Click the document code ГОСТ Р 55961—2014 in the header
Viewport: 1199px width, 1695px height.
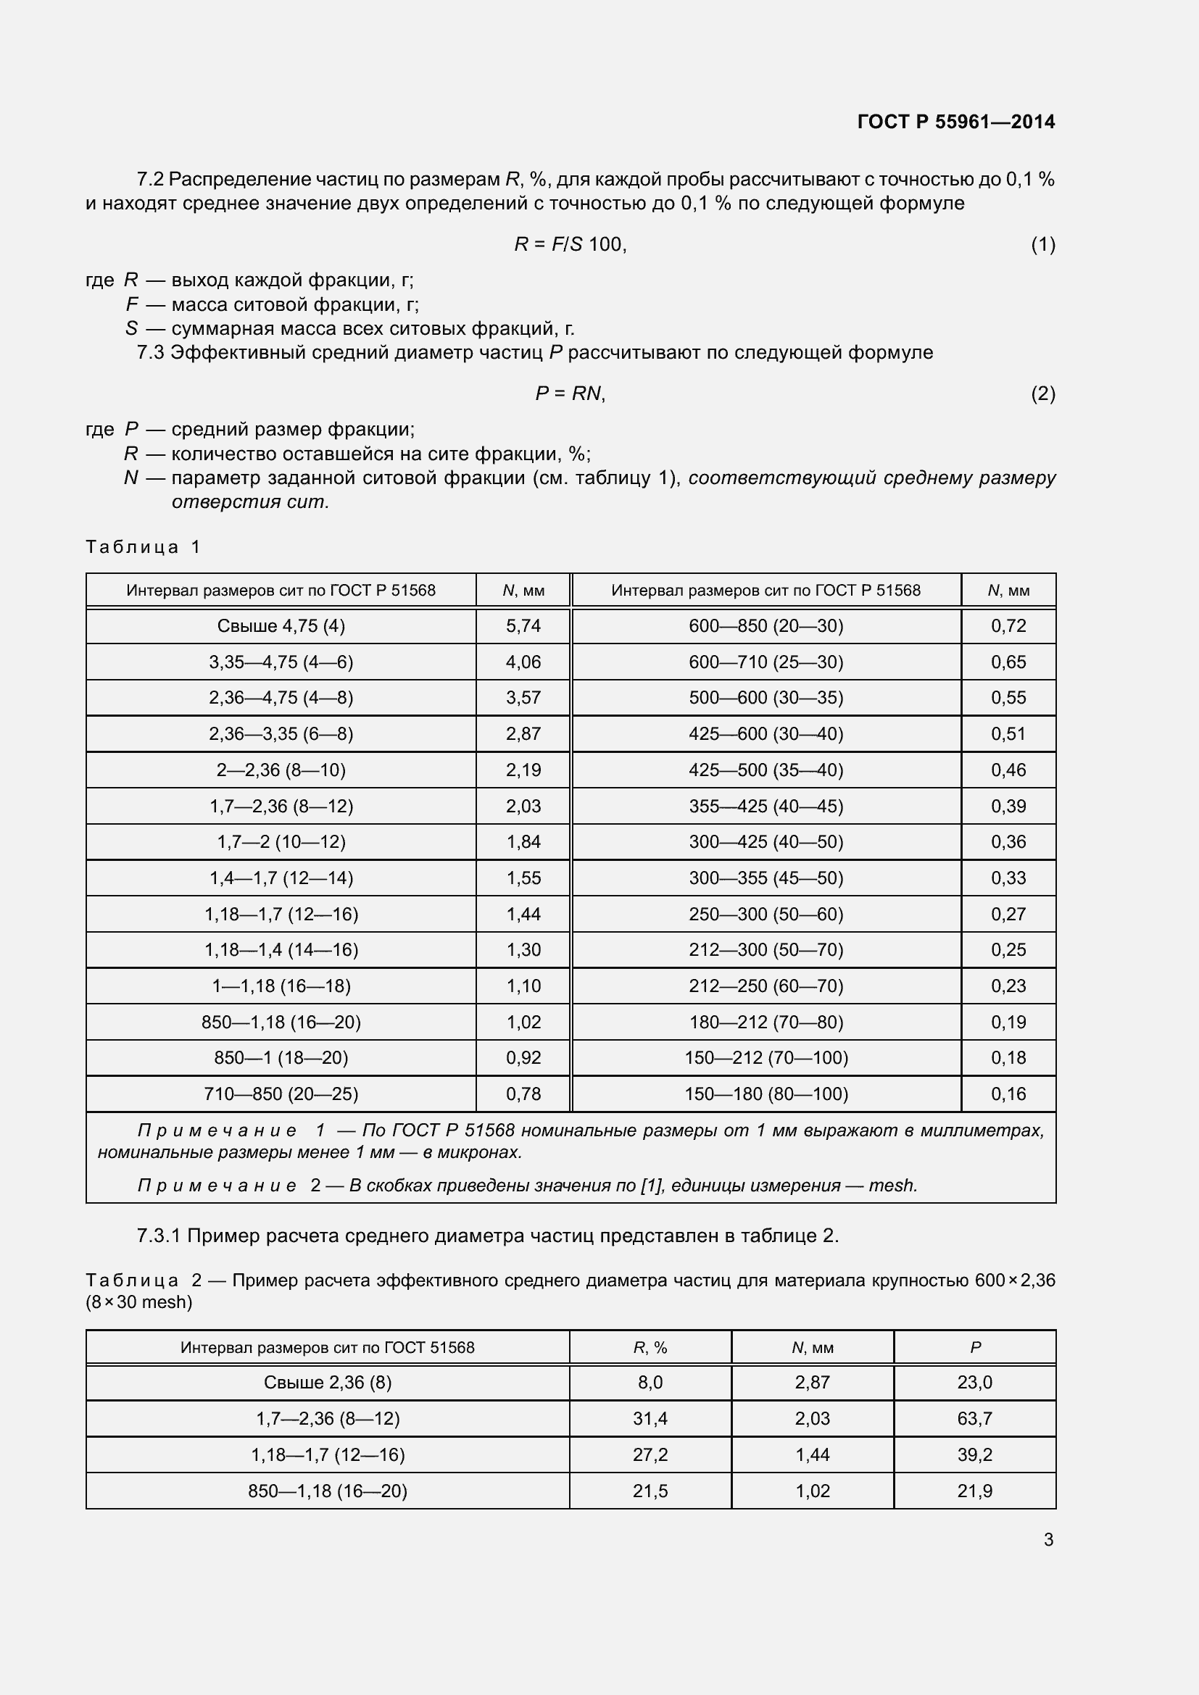click(955, 122)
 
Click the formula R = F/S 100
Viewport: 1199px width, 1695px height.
click(570, 244)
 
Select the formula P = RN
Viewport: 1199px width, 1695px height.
click(570, 393)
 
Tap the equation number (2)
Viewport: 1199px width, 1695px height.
click(1042, 393)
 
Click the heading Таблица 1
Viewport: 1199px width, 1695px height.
click(144, 547)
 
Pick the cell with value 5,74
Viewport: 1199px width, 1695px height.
click(523, 626)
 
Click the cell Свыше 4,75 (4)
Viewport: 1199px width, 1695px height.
click(281, 626)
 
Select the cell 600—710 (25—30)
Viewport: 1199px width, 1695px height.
click(766, 662)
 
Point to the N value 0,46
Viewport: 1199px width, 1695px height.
click(1008, 770)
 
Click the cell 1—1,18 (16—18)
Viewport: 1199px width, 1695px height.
click(281, 986)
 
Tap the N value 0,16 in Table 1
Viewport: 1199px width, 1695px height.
click(1008, 1094)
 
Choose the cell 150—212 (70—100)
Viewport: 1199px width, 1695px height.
click(766, 1058)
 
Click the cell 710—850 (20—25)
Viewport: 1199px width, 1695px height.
click(281, 1094)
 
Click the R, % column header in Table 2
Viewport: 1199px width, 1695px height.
click(650, 1348)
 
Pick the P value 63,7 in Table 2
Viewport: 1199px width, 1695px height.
click(974, 1419)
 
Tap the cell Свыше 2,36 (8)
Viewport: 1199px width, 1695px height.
click(327, 1383)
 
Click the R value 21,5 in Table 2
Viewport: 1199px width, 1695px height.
click(650, 1491)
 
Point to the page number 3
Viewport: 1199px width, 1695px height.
click(1047, 1540)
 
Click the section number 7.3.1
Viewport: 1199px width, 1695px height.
click(159, 1236)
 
